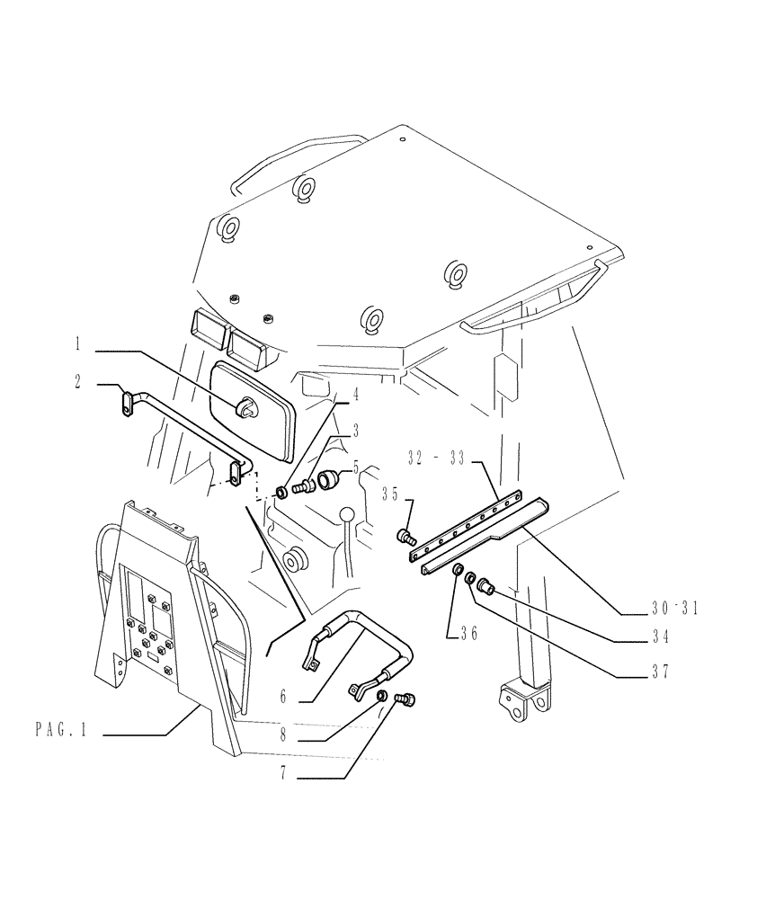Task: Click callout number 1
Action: click(x=78, y=343)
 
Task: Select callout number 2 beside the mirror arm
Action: click(x=78, y=380)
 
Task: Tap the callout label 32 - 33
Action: click(x=435, y=458)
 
